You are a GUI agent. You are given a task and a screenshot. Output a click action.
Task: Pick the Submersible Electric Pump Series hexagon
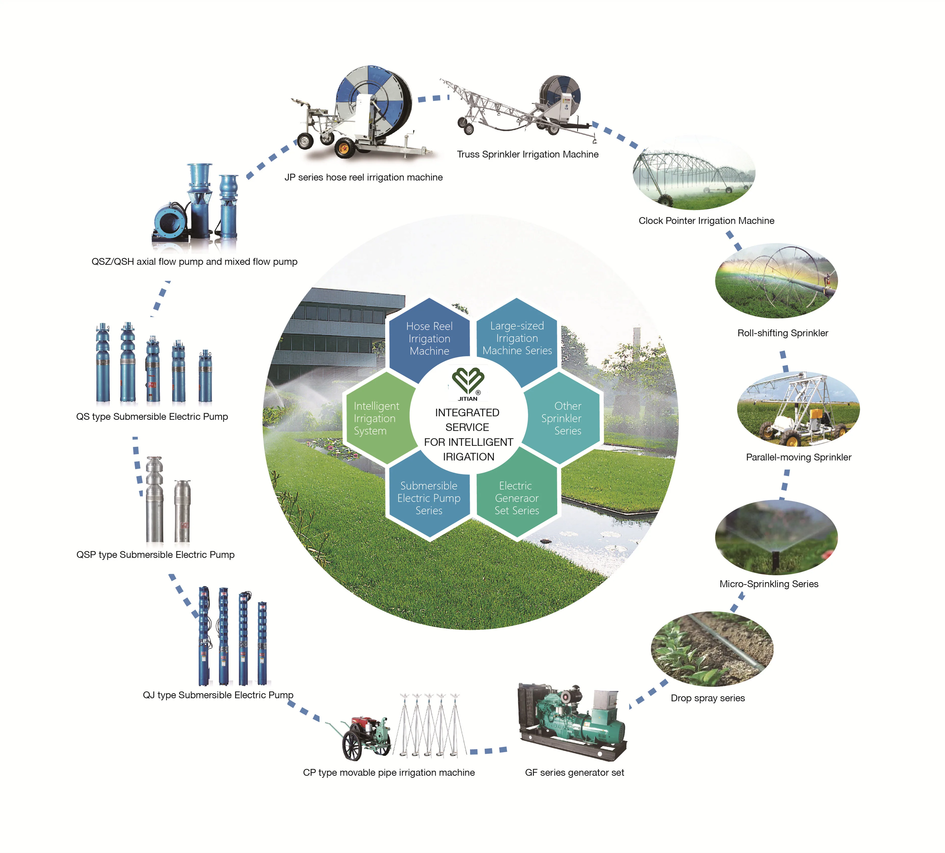click(429, 498)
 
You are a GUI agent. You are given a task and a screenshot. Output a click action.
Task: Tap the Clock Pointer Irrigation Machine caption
click(706, 221)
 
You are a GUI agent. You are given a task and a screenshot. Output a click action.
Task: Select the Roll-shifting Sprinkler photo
click(776, 280)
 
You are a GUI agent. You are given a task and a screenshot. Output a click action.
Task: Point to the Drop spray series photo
click(712, 649)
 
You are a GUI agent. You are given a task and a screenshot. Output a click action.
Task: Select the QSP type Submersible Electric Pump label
click(155, 555)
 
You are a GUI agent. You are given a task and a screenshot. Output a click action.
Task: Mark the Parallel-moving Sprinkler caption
click(798, 457)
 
